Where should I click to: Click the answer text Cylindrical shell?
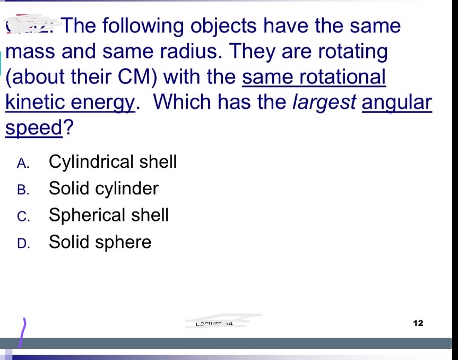point(113,161)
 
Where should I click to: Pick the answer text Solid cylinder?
point(103,188)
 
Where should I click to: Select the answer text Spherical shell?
point(109,215)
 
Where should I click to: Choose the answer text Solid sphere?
point(100,242)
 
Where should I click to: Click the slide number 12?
point(418,323)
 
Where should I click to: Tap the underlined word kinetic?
point(33,102)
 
